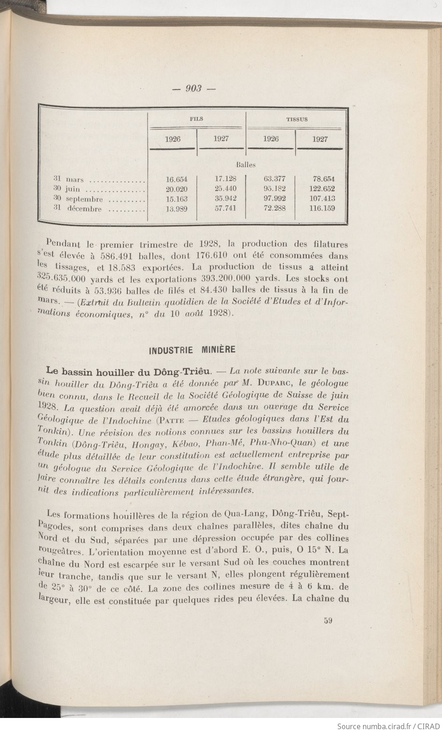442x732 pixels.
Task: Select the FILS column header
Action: point(197,119)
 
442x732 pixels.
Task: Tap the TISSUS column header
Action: point(297,119)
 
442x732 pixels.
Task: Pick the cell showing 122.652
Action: point(322,189)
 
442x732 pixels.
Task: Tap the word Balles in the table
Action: point(245,165)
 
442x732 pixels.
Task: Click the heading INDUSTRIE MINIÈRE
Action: point(192,349)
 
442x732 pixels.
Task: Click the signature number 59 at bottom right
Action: point(327,621)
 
